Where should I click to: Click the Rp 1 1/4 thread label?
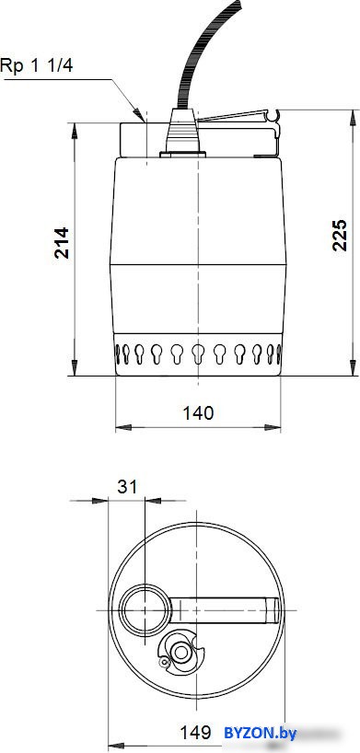click(x=37, y=65)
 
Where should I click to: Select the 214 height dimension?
click(x=61, y=243)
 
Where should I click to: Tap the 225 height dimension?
click(x=340, y=235)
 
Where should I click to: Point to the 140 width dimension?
click(x=198, y=412)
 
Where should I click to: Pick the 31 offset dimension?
click(x=127, y=487)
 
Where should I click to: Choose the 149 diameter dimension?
click(x=195, y=733)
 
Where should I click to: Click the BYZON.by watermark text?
click(x=260, y=733)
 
